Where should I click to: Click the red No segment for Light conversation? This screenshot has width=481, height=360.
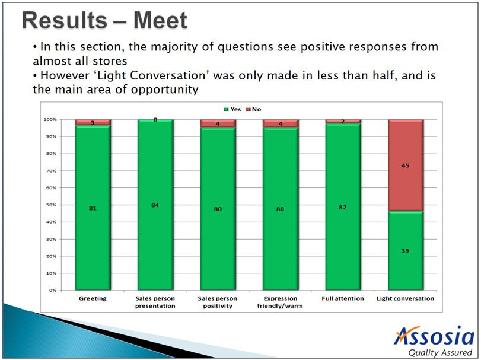tap(406, 165)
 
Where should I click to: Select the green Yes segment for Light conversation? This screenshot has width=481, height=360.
tap(406, 250)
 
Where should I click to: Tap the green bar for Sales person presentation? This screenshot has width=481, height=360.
tap(155, 205)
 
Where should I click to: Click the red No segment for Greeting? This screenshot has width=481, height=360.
tap(93, 122)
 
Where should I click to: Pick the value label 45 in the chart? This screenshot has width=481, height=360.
tap(405, 165)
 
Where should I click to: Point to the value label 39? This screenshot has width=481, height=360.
tap(405, 251)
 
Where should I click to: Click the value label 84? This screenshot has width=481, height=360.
tap(155, 205)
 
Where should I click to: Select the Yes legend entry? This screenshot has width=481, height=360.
tap(232, 110)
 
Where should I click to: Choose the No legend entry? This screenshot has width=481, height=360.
tap(254, 110)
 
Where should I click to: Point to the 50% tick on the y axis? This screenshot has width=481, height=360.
tap(52, 205)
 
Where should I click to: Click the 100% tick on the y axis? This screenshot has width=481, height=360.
tap(50, 119)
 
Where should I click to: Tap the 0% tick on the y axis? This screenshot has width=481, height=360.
tap(53, 290)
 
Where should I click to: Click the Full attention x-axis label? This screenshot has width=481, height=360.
tap(343, 298)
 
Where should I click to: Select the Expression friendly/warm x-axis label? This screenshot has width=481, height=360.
tap(280, 302)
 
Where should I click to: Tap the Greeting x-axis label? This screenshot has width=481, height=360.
tap(93, 298)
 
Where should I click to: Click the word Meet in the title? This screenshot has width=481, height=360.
tap(160, 21)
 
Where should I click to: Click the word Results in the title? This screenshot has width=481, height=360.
tap(65, 21)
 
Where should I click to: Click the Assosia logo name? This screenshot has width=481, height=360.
tap(434, 336)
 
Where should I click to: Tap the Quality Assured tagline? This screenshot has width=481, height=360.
tap(440, 353)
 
